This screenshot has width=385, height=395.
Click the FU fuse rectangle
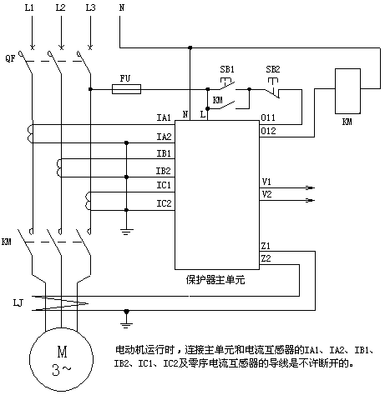[126, 89]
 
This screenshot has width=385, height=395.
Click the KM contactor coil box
[347, 91]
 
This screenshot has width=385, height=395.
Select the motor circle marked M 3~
[61, 360]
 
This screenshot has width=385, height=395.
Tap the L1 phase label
[29, 7]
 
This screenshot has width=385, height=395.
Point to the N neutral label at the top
[122, 7]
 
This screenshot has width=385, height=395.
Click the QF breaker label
[10, 58]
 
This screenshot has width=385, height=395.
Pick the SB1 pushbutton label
[227, 69]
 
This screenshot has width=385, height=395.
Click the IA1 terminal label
[164, 117]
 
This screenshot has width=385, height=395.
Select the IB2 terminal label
[163, 171]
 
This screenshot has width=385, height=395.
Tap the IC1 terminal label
[164, 185]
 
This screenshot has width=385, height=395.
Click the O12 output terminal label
[268, 131]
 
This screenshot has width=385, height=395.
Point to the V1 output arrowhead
[310, 187]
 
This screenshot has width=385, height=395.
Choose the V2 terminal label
[266, 194]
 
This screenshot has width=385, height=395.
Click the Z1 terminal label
[266, 246]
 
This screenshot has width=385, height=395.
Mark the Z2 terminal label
[266, 258]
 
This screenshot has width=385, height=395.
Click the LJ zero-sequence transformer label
[18, 302]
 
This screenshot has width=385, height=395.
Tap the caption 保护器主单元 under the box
[215, 279]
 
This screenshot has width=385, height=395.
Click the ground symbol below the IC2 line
[126, 232]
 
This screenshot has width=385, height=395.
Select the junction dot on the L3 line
[90, 89]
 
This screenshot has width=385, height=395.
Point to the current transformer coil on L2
[58, 168]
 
